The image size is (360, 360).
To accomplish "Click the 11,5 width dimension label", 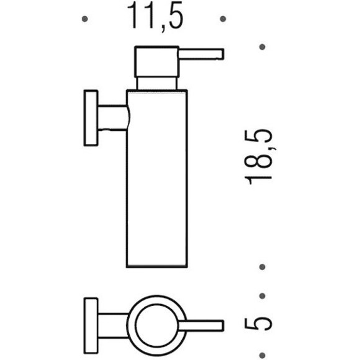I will point(155,17).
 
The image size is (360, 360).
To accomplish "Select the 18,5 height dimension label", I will point(258,156).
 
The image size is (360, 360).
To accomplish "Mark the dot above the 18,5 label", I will point(262,47).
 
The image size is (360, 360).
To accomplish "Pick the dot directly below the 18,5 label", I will point(262,268).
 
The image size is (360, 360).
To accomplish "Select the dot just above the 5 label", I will point(262,295).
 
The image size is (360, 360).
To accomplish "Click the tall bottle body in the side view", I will point(156,180).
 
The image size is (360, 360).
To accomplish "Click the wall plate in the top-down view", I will point(90,324).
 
